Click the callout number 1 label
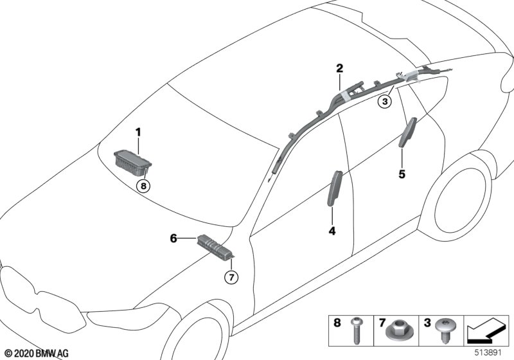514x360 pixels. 137,132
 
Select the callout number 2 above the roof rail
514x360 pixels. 339,68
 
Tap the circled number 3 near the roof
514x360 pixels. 384,102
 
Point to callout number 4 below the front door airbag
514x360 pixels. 332,230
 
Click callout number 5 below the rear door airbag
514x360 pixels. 402,174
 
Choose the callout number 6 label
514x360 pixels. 173,238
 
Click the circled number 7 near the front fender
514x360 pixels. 231,278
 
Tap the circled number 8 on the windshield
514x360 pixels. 144,186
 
